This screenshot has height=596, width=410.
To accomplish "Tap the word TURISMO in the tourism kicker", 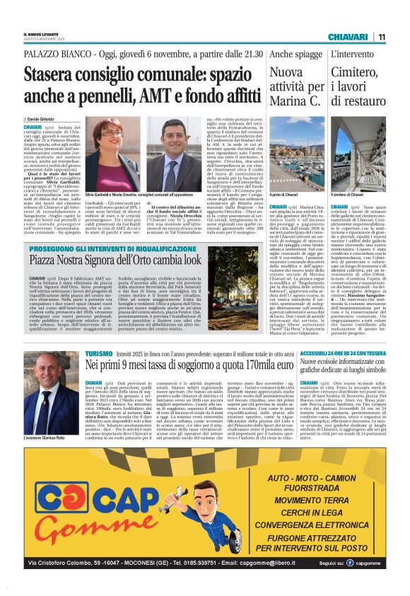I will coord(99,352).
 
